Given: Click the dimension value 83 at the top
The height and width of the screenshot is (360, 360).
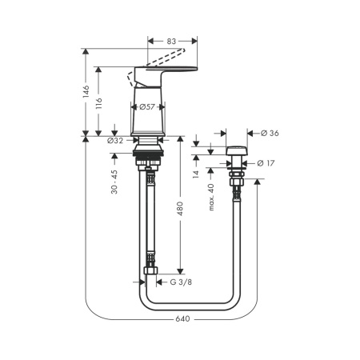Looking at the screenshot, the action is [x=171, y=42].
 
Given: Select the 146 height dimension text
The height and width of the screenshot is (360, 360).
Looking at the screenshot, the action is [x=86, y=91].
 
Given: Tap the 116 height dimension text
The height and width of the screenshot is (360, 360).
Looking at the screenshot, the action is [x=98, y=103].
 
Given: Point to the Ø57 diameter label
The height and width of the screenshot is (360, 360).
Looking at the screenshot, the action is [x=147, y=107].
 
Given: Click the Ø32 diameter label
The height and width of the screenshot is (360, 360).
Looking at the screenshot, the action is [x=115, y=141].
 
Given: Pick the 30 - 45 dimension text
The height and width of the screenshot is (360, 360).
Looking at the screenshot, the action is [x=114, y=182].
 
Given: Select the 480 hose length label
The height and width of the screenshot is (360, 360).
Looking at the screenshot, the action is [x=180, y=209].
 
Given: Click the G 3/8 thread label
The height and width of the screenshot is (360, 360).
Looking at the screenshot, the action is [x=181, y=282].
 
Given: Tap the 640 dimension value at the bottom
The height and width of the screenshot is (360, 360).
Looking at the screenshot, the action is [x=182, y=318].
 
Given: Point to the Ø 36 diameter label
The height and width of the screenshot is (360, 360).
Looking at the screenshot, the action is [x=270, y=133].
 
